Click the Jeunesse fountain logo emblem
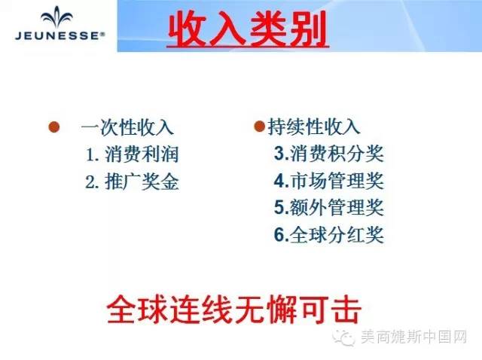(x=57, y=18)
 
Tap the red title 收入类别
(x=248, y=29)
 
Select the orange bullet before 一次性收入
(x=54, y=127)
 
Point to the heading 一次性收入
(x=127, y=127)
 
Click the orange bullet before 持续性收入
(x=259, y=127)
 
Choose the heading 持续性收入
(x=313, y=127)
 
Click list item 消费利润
(x=142, y=154)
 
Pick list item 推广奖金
(x=142, y=182)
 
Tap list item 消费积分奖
(x=337, y=153)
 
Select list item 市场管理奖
(x=337, y=181)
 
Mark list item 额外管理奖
(x=337, y=207)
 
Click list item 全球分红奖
(x=337, y=235)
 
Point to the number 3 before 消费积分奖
(x=279, y=154)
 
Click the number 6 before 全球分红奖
(x=279, y=235)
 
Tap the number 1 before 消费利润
(x=90, y=154)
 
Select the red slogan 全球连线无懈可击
(x=234, y=309)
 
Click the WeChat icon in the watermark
(x=344, y=337)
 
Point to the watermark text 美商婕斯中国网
(x=413, y=337)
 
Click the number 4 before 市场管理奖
(x=279, y=181)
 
